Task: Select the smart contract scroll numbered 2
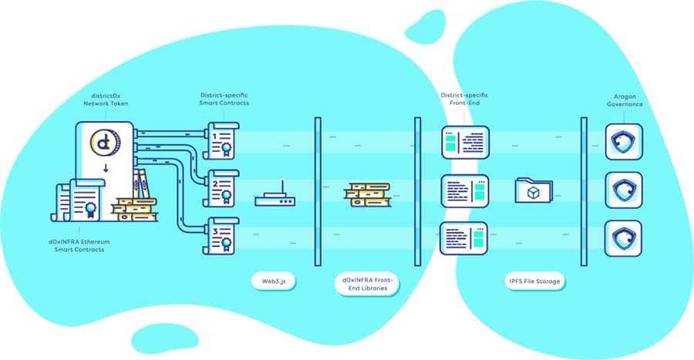(224, 187)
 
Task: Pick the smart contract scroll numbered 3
(224, 235)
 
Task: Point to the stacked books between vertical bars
(365, 193)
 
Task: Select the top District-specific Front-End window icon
(464, 142)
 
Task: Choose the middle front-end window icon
(464, 190)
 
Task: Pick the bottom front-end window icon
(464, 237)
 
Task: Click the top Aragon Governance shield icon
(624, 142)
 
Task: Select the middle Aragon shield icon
(624, 190)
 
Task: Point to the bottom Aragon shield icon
(624, 237)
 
